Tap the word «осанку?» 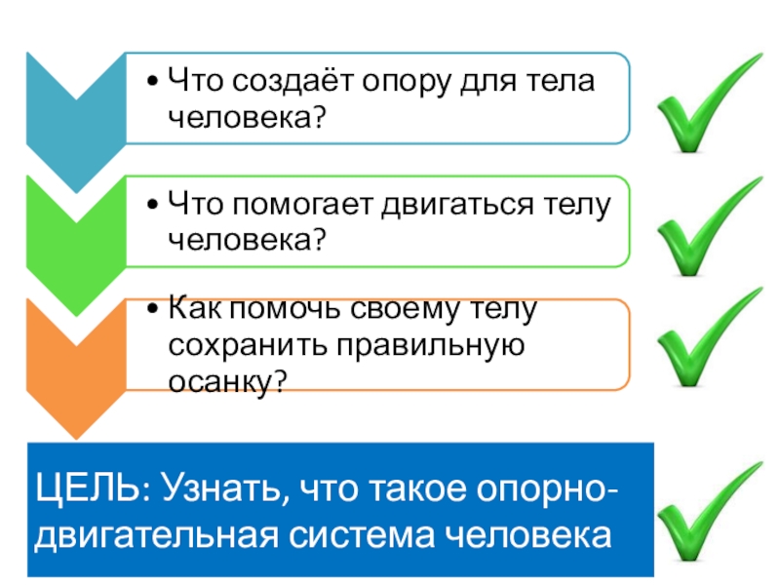coord(227,380)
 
